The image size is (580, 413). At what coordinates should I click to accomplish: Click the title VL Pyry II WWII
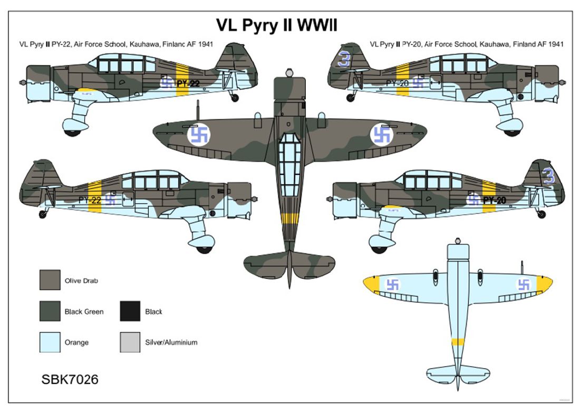pyautogui.click(x=276, y=25)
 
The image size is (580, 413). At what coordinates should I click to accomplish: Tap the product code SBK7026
pyautogui.click(x=69, y=379)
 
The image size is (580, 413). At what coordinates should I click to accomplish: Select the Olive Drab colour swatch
pyautogui.click(x=50, y=280)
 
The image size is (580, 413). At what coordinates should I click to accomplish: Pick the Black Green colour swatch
pyautogui.click(x=50, y=311)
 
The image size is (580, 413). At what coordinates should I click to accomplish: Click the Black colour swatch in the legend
pyautogui.click(x=130, y=311)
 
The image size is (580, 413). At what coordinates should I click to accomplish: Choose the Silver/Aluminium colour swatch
pyautogui.click(x=130, y=342)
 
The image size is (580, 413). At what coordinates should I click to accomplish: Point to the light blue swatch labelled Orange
pyautogui.click(x=50, y=342)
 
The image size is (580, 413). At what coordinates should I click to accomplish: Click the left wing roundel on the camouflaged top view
pyautogui.click(x=199, y=135)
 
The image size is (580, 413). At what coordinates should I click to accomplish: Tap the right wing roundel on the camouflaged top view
pyautogui.click(x=381, y=135)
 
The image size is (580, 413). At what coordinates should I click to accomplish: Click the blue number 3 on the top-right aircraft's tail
pyautogui.click(x=344, y=60)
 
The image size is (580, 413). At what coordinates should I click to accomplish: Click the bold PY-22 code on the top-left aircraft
pyautogui.click(x=188, y=82)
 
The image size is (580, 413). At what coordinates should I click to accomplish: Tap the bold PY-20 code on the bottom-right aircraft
pyautogui.click(x=495, y=200)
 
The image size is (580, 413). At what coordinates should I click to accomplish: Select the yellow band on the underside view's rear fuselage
pyautogui.click(x=457, y=342)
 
